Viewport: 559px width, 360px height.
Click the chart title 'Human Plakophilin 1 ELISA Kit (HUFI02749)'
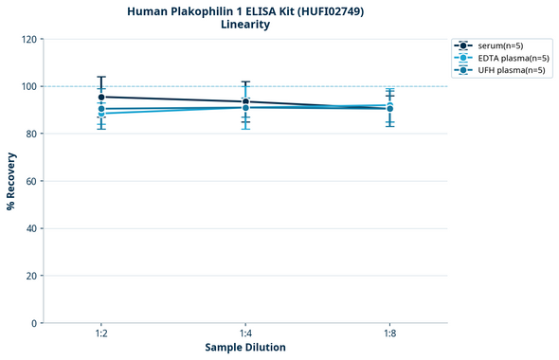tap(245, 10)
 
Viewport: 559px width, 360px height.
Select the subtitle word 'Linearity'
tap(245, 25)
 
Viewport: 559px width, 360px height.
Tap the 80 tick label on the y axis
tap(31, 134)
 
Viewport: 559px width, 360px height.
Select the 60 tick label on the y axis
tap(31, 181)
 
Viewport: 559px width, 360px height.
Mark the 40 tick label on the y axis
tap(31, 228)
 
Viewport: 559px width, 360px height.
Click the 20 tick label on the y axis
tap(31, 276)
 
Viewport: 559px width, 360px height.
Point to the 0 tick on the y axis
tap(34, 323)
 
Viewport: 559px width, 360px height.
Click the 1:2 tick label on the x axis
tap(101, 334)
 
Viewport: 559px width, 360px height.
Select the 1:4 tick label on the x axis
tap(245, 334)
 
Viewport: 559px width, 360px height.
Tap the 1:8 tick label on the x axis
tap(389, 334)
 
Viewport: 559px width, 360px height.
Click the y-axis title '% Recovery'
tap(11, 181)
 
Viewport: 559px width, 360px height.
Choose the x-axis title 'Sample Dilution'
tap(245, 348)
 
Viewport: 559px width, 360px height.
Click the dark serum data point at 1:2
tap(101, 97)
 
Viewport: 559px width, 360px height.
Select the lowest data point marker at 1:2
tap(101, 114)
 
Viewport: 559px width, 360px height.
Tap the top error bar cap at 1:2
tap(101, 77)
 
